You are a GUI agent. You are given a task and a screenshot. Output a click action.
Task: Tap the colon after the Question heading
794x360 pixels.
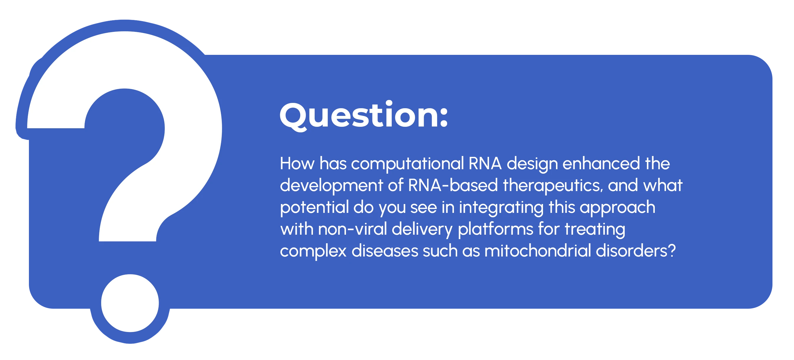point(444,117)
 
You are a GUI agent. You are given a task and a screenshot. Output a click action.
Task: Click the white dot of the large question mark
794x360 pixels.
point(130,303)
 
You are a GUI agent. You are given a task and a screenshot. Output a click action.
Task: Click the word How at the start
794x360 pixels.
point(297,163)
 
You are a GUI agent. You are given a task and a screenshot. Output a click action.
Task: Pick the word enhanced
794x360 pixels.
point(601,163)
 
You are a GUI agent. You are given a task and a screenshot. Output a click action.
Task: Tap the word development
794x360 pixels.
point(331,185)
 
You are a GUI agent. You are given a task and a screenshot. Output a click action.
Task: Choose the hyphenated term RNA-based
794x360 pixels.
point(453,185)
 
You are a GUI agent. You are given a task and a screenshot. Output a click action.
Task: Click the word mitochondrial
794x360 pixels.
point(538,251)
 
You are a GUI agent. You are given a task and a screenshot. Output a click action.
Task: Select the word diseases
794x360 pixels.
point(385,251)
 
